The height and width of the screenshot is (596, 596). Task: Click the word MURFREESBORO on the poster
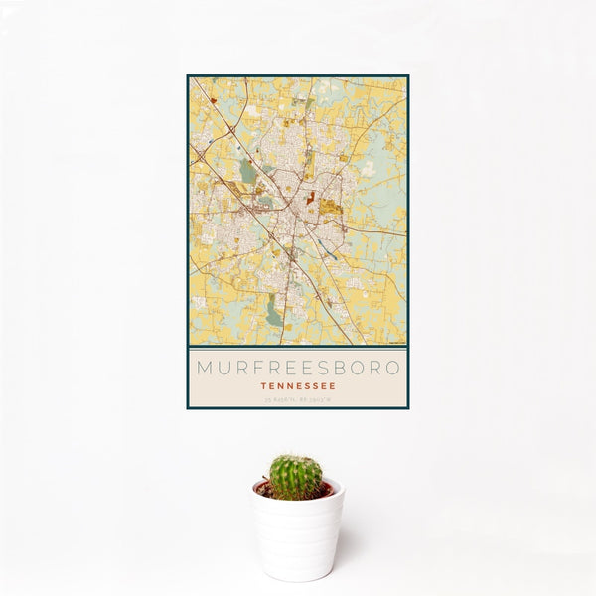pyautogui.click(x=298, y=367)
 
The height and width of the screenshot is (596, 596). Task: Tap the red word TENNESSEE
pyautogui.click(x=298, y=385)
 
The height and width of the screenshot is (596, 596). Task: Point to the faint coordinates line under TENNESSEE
pyautogui.click(x=298, y=399)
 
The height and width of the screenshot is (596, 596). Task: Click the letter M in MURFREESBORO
pyautogui.click(x=204, y=367)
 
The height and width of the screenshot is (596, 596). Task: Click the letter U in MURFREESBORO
pyautogui.click(x=223, y=367)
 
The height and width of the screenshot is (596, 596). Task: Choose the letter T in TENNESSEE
pyautogui.click(x=263, y=385)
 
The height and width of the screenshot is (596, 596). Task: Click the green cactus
pyautogui.click(x=296, y=476)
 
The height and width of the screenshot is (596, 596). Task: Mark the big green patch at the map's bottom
pyautogui.click(x=273, y=314)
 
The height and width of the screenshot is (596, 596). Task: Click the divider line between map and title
pyautogui.click(x=298, y=347)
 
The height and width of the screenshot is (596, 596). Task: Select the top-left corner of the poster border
pyautogui.click(x=188, y=75)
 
